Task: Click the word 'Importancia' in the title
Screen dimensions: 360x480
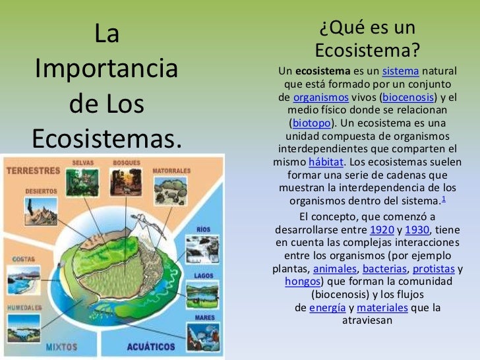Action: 106,69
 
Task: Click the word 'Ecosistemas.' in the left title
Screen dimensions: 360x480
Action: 106,138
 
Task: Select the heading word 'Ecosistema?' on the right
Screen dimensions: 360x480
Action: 367,51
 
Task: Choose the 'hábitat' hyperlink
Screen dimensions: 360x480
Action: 320,162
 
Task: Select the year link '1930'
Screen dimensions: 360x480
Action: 417,230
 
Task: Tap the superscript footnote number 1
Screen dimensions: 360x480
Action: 444,199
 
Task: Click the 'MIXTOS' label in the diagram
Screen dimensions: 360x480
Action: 61,347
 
